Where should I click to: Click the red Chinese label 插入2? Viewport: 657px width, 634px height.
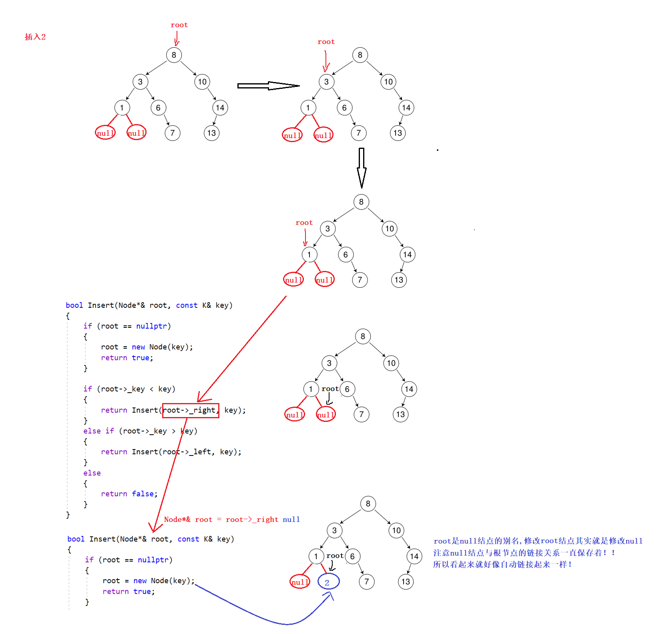35,37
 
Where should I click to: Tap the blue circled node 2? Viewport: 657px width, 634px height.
328,582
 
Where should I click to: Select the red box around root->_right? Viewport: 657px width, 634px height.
191,411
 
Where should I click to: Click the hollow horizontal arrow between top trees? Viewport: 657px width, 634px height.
268,86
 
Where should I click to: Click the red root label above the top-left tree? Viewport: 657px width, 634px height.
179,25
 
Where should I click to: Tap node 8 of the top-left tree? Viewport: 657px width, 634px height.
174,55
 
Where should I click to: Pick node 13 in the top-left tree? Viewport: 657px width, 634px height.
211,133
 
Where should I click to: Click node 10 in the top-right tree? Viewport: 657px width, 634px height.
388,82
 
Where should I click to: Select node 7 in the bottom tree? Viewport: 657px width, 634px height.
366,582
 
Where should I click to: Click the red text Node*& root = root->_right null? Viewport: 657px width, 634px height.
232,520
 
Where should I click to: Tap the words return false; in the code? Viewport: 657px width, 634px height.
129,494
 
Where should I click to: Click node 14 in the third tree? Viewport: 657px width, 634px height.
407,255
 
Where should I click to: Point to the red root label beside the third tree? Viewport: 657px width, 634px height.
304,223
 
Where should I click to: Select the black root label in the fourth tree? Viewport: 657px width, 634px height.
330,389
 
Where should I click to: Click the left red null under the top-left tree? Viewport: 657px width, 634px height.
105,133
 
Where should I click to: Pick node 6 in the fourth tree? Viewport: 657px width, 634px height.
347,389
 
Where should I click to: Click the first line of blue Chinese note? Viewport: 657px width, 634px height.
538,541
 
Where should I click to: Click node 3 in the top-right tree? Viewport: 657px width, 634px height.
326,82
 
